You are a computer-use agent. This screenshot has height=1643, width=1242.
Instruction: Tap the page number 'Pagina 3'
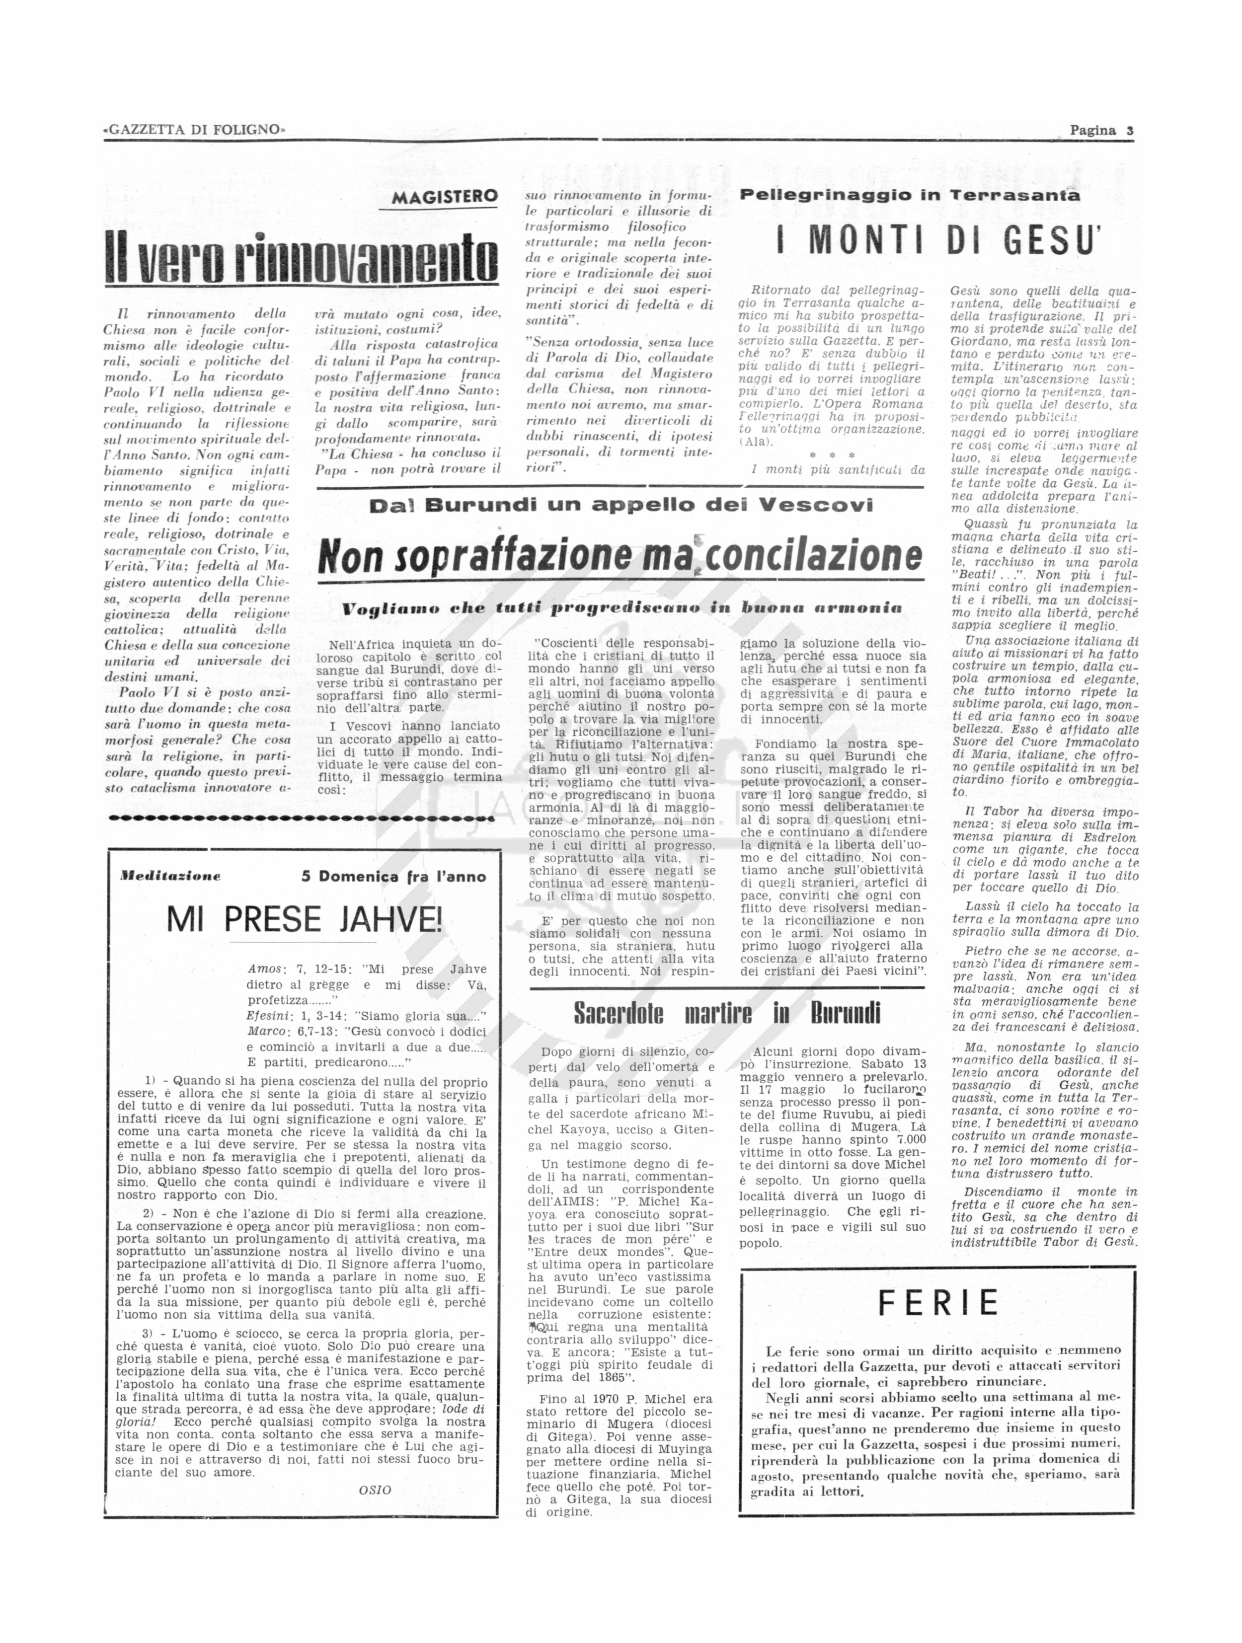(x=1101, y=130)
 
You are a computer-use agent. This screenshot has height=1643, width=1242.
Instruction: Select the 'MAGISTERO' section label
(x=444, y=198)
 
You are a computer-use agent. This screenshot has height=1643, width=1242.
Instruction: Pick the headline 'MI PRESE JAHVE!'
(x=304, y=920)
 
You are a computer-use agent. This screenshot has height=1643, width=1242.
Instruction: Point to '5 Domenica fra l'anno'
(x=393, y=877)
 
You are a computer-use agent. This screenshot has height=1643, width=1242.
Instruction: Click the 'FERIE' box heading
(x=938, y=1303)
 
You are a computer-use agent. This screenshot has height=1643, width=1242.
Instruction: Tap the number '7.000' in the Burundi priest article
(x=910, y=1139)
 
